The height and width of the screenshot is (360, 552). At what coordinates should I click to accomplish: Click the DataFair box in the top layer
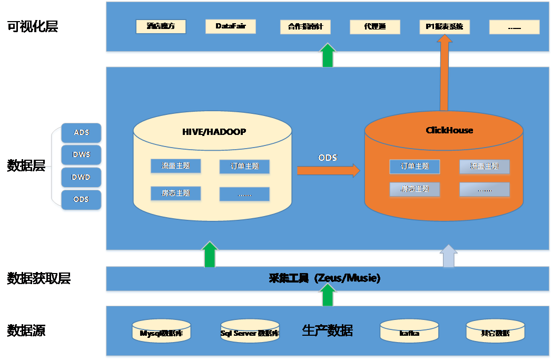click(x=230, y=26)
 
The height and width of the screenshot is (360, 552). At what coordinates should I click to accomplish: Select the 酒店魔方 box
click(x=161, y=26)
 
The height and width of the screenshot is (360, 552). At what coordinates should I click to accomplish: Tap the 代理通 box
click(x=374, y=27)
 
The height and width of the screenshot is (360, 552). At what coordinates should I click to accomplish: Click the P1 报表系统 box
click(x=444, y=27)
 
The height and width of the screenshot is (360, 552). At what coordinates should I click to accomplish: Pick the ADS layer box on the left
click(x=81, y=133)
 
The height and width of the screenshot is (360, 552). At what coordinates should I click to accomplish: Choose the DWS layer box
click(x=81, y=155)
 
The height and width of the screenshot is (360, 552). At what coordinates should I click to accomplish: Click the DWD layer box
click(x=81, y=178)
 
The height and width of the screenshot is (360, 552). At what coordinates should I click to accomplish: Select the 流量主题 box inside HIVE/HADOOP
click(x=175, y=166)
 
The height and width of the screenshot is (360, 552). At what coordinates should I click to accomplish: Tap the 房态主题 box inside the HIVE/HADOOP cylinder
click(x=175, y=193)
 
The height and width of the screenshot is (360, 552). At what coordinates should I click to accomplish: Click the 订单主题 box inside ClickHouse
click(x=415, y=167)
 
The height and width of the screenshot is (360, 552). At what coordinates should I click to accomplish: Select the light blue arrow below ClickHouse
click(x=449, y=256)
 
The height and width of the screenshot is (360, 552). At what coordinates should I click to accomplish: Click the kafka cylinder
click(x=409, y=332)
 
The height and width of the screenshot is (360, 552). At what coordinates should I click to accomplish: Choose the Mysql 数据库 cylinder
click(x=161, y=332)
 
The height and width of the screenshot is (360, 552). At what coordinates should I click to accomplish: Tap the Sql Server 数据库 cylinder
click(x=250, y=332)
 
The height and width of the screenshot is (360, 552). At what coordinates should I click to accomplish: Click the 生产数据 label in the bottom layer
click(x=327, y=331)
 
